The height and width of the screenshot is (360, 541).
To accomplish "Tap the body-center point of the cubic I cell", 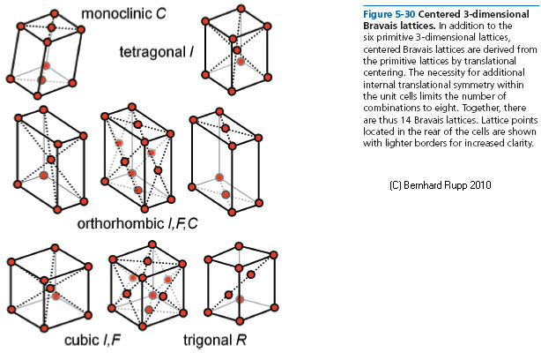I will coord(52,289).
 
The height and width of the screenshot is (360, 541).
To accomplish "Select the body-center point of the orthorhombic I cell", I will coord(51,160).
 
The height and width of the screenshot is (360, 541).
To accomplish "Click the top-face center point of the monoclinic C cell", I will coord(52,29).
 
